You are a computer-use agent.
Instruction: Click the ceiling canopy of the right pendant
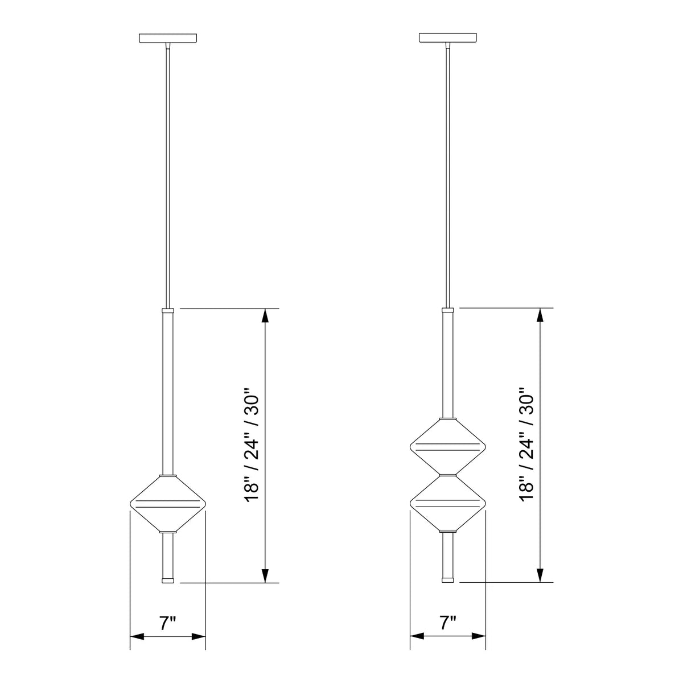pyautogui.click(x=447, y=39)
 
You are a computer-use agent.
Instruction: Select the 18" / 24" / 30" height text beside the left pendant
pyautogui.click(x=252, y=446)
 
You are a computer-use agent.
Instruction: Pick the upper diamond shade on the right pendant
pyautogui.click(x=447, y=446)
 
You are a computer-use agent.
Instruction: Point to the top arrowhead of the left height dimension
pyautogui.click(x=265, y=315)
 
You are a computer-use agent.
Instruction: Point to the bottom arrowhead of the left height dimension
pyautogui.click(x=265, y=576)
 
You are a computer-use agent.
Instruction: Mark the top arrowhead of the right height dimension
pyautogui.click(x=540, y=315)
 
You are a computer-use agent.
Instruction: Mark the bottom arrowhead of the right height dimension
pyautogui.click(x=540, y=576)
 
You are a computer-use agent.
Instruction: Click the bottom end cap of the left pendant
pyautogui.click(x=167, y=580)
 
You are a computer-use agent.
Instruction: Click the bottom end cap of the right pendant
pyautogui.click(x=447, y=580)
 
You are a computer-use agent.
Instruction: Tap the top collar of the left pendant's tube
pyautogui.click(x=167, y=312)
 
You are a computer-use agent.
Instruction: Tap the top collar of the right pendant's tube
pyautogui.click(x=447, y=312)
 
